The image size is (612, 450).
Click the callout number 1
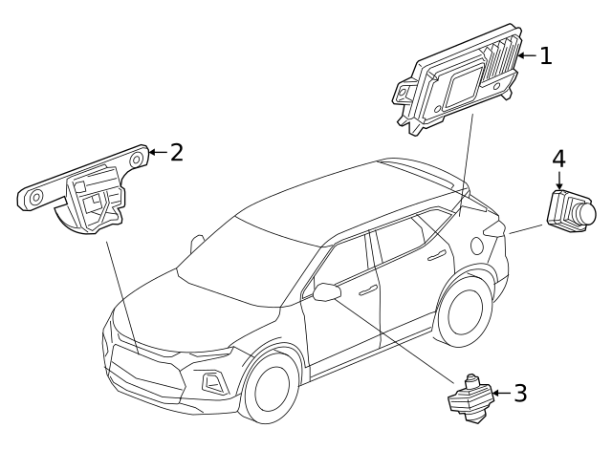click(545, 55)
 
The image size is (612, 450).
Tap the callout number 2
click(176, 152)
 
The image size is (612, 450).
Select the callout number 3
click(519, 393)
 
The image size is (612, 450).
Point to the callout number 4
click(558, 158)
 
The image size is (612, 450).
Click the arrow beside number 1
click(525, 55)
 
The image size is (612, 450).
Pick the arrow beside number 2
click(157, 152)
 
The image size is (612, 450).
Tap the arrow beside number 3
click(501, 393)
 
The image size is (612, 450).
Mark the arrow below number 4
click(558, 180)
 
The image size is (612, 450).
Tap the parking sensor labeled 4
click(570, 210)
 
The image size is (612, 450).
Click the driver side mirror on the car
click(327, 290)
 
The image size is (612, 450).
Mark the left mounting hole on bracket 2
click(35, 198)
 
